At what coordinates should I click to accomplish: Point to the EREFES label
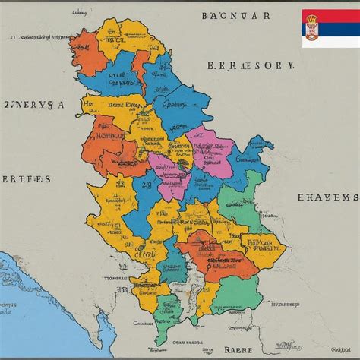tap(26, 179)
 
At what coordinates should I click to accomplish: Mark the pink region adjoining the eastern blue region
tap(213, 148)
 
